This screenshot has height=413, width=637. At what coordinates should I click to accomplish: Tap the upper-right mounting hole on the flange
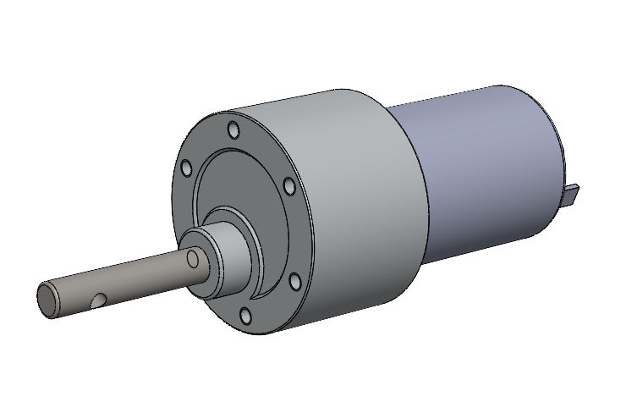pos(288,185)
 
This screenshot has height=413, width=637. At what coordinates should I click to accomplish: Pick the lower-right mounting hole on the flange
pos(295,280)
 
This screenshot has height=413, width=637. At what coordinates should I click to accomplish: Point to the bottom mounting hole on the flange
pos(245,316)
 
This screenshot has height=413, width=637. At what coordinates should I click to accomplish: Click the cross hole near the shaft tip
pos(100,299)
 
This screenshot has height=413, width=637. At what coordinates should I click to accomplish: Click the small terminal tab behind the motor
pos(573,194)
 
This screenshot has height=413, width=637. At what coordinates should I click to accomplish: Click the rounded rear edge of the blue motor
pos(554,144)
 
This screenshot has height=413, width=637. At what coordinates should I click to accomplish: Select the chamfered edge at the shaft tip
pos(40,301)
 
